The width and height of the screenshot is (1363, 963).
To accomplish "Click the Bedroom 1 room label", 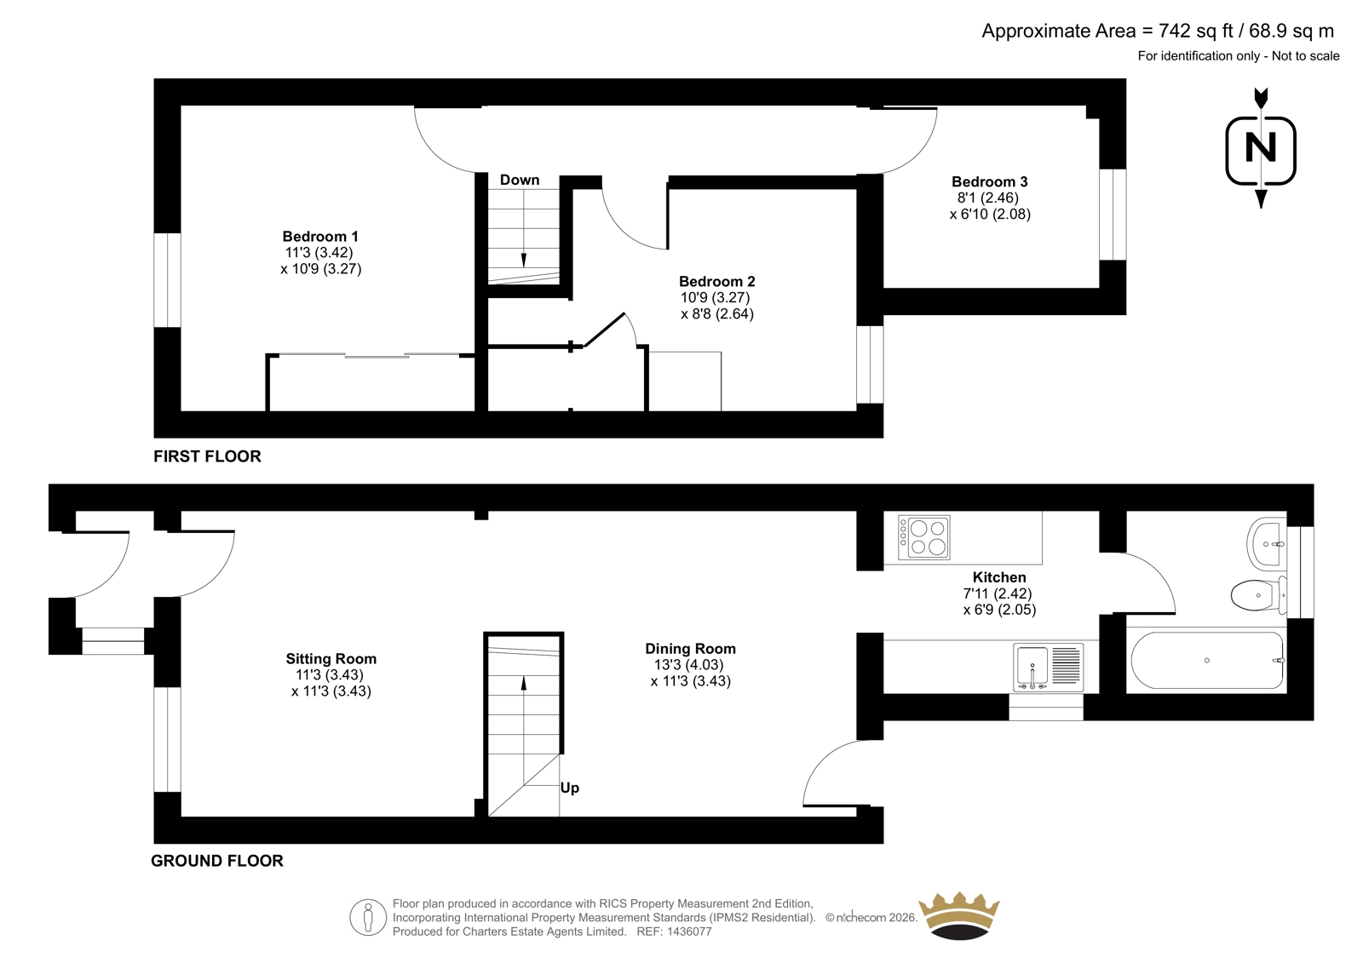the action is (x=320, y=236).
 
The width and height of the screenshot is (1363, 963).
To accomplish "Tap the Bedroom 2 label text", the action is (x=716, y=281).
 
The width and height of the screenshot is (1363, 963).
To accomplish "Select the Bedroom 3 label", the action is (x=989, y=181).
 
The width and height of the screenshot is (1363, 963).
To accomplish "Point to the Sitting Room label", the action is (x=331, y=658).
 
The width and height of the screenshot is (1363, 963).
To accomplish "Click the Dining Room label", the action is (x=691, y=649).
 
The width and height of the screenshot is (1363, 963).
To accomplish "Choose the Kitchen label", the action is (x=999, y=576).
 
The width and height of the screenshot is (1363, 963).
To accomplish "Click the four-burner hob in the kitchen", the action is (x=923, y=537).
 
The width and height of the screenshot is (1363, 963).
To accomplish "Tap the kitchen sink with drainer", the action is (x=1049, y=668).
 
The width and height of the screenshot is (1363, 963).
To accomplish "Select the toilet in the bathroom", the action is (x=1258, y=594).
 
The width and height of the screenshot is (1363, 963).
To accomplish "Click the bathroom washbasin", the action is (x=1266, y=543).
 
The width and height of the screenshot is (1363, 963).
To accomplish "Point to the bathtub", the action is (x=1207, y=660).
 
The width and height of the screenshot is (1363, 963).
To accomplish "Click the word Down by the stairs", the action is (x=520, y=180).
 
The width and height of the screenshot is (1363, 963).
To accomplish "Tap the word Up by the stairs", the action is (x=570, y=788).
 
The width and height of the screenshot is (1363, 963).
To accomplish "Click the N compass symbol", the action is (x=1261, y=150).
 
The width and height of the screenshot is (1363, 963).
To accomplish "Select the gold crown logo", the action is (x=959, y=915).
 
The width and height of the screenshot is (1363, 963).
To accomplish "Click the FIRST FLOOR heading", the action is (x=207, y=456).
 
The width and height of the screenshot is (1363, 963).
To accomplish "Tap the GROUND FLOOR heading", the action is (x=217, y=861).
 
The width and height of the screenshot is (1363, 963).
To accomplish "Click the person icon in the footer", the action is (x=367, y=917).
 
